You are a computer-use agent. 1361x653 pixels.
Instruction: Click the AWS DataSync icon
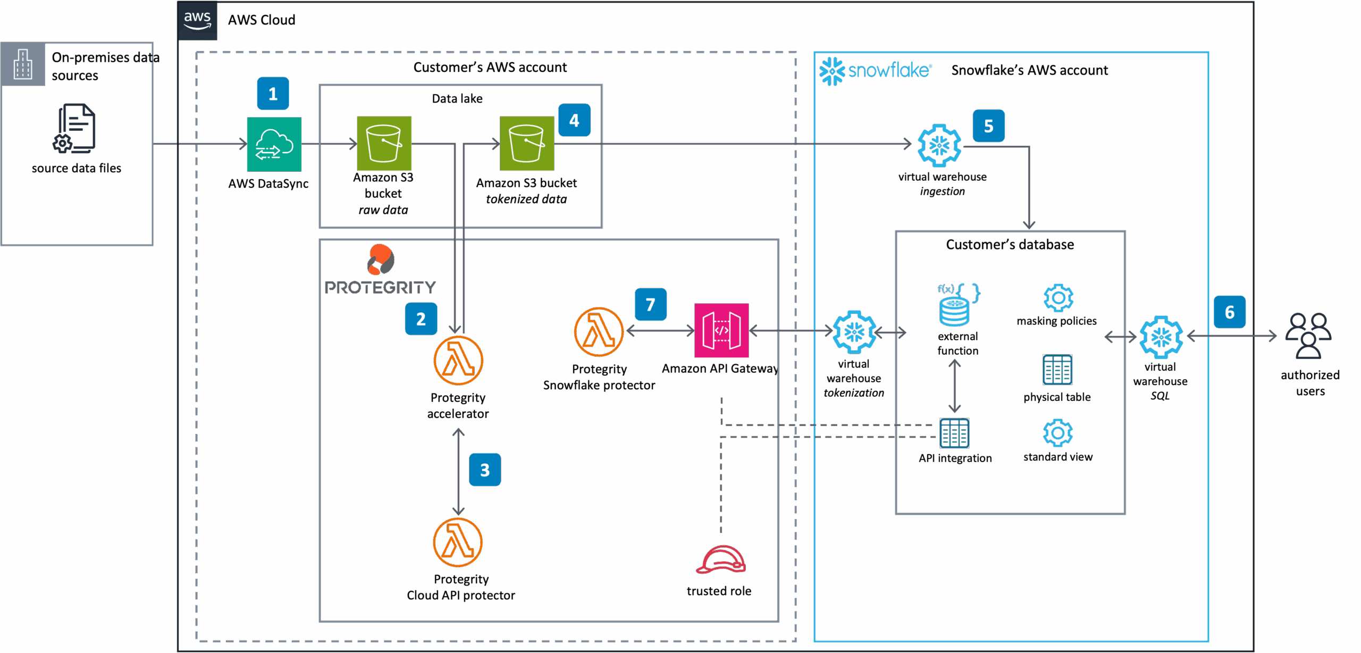pos(274,144)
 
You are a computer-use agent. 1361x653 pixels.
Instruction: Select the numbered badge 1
pos(273,94)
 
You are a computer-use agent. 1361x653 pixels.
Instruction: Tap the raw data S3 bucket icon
pos(384,143)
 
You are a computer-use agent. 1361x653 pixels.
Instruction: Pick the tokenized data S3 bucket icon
pos(526,143)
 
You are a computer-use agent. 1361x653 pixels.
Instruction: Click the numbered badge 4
pos(574,121)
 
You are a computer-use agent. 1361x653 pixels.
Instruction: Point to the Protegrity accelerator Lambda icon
pos(458,361)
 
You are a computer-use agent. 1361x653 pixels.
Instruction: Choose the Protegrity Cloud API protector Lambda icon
pos(458,542)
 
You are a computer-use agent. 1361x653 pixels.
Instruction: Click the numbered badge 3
pos(485,470)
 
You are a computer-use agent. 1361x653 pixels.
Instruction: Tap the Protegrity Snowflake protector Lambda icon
pos(599,332)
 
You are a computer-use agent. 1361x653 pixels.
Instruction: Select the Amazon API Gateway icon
pos(721,331)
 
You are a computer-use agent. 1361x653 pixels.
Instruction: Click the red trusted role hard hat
pos(720,560)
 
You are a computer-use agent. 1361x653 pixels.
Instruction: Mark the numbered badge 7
pos(650,305)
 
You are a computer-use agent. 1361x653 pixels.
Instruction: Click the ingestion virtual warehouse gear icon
pos(939,145)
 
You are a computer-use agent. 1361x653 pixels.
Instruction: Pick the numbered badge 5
pos(988,126)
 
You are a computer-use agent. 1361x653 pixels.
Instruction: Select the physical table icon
pos(1057,370)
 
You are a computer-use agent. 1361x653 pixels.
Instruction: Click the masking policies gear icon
pos(1058,298)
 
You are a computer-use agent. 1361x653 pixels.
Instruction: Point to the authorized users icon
pos(1308,336)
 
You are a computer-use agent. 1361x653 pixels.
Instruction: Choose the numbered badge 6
pos(1229,312)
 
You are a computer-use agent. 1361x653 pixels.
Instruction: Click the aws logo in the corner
pos(198,20)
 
